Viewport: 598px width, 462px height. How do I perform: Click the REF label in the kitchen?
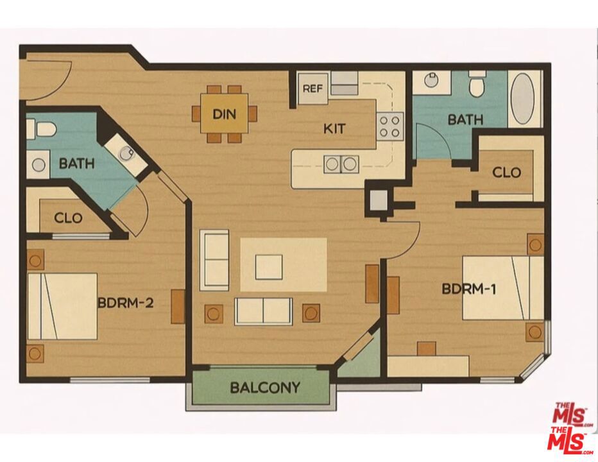pos(312,89)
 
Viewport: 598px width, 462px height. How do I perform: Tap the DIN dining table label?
pos(225,114)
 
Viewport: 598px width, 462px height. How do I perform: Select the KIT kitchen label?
pos(334,128)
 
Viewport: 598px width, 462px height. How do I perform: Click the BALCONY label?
pos(265,388)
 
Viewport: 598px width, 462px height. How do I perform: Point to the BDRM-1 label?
pos(469,289)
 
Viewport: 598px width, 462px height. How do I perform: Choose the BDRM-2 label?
pos(126,303)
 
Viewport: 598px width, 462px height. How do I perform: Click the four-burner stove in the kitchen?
pos(390,126)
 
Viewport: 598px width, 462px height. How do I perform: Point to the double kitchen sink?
pos(341,164)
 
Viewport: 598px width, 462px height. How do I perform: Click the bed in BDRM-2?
pos(63,306)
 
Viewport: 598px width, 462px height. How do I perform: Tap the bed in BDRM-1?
pos(502,288)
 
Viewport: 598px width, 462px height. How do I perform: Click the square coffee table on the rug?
pos(269,267)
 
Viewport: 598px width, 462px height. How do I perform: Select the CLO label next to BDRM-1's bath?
pos(506,173)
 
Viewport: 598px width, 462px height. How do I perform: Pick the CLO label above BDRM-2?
pos(68,218)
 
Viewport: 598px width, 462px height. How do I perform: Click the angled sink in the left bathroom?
pos(126,154)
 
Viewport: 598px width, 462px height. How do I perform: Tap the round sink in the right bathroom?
pos(431,80)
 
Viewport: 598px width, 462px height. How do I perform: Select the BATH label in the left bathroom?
pos(76,164)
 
